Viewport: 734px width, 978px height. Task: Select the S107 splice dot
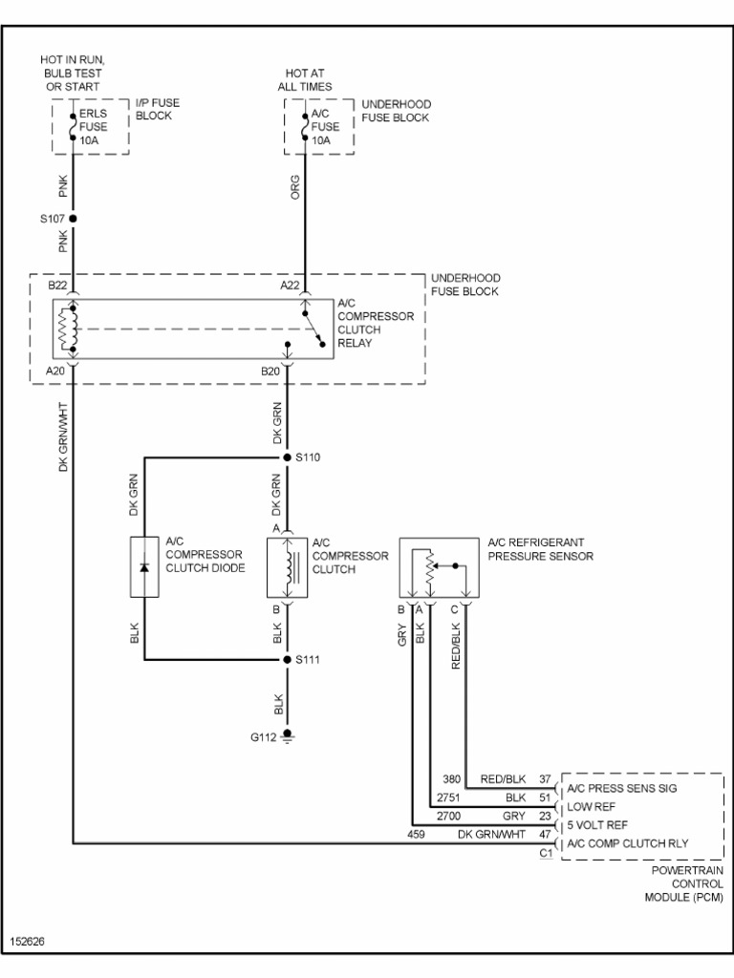tap(74, 219)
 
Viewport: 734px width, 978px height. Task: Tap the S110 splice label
tap(308, 457)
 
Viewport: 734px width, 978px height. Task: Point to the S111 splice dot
tap(287, 660)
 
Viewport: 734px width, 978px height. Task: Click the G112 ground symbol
tap(287, 736)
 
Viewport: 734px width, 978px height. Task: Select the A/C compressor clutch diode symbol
tap(144, 567)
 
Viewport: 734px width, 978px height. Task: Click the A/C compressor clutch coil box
tap(287, 567)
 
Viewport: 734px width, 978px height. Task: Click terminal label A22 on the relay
tap(291, 285)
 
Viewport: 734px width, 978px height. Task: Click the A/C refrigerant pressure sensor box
tap(437, 568)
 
